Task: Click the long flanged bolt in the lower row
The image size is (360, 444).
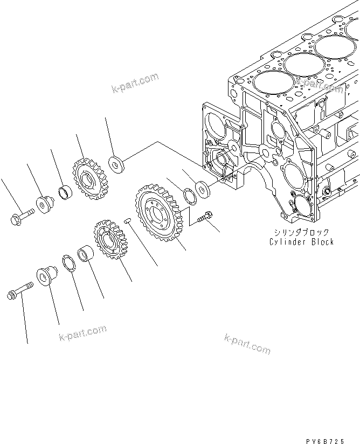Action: coord(18,293)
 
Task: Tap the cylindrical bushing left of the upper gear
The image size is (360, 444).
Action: coord(65,192)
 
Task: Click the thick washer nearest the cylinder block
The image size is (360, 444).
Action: coord(204,188)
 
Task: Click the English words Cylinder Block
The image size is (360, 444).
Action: coord(301,241)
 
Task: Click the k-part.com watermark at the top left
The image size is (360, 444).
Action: coord(135,83)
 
